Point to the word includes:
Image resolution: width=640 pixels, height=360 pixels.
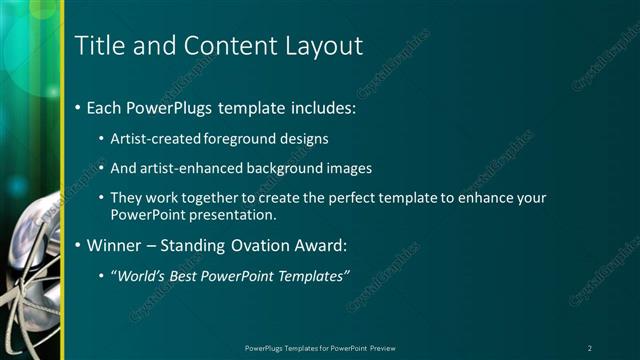(318, 107)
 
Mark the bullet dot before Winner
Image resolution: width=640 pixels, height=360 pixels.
(79, 245)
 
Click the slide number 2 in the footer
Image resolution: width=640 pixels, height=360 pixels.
(589, 348)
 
